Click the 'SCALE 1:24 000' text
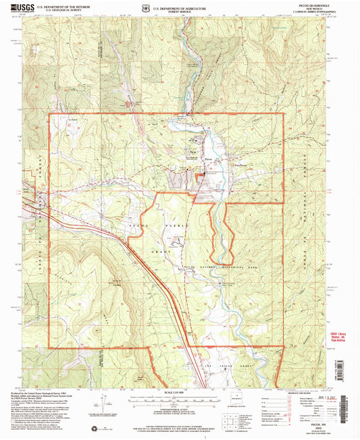click(178, 394)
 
